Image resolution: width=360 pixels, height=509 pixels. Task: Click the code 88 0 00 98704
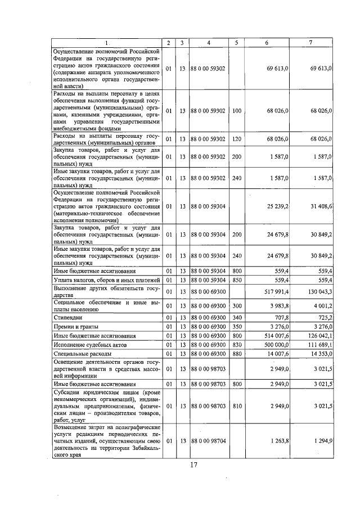(x=209, y=441)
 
